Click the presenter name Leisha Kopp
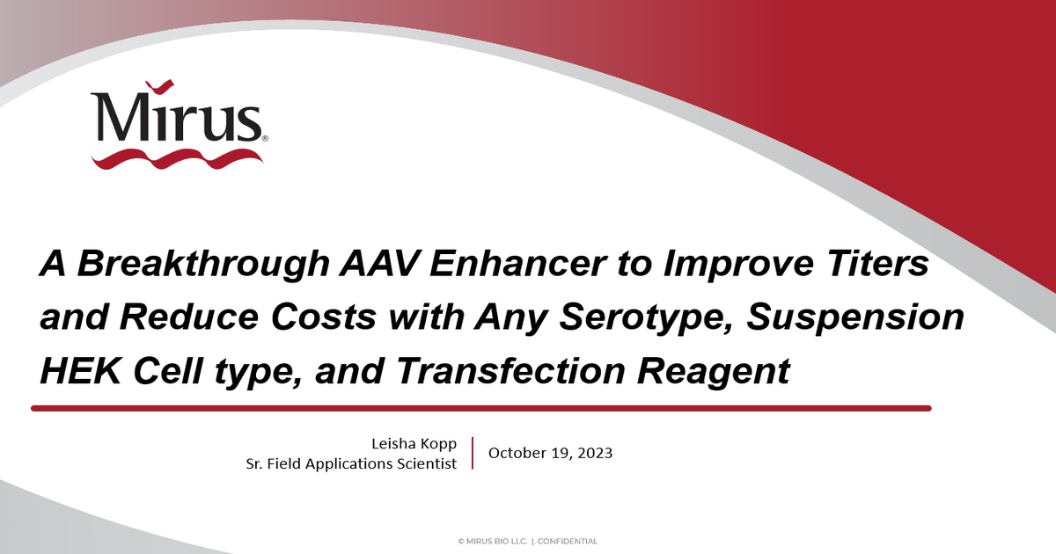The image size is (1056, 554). coord(415,445)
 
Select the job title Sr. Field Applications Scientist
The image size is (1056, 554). coord(351,463)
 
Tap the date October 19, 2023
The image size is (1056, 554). coord(550,454)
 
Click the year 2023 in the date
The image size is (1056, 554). coord(594,454)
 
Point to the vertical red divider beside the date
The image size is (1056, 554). coord(473,453)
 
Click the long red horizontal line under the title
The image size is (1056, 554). coord(480,408)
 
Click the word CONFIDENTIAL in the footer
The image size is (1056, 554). coord(567,542)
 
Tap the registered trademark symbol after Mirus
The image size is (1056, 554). coord(265,138)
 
